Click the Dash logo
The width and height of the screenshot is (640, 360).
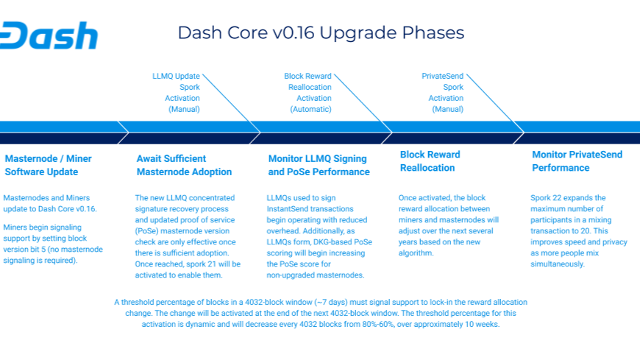coord(49,35)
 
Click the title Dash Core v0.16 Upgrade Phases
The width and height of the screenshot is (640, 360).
coord(321,33)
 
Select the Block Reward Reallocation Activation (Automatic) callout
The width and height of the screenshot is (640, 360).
coord(308,92)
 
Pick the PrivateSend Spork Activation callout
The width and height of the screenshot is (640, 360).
coord(442,92)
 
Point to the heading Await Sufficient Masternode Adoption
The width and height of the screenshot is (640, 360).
coord(184,165)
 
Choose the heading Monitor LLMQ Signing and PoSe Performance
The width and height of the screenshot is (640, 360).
coord(319,165)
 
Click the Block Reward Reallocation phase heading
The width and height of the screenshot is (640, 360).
coord(430,161)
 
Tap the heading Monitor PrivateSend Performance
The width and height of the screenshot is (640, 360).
coord(577,161)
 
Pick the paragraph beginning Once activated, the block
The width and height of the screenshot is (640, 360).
coord(448,225)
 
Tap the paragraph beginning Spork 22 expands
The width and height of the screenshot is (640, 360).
coord(578,230)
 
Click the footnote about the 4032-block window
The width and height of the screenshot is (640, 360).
coord(321,313)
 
